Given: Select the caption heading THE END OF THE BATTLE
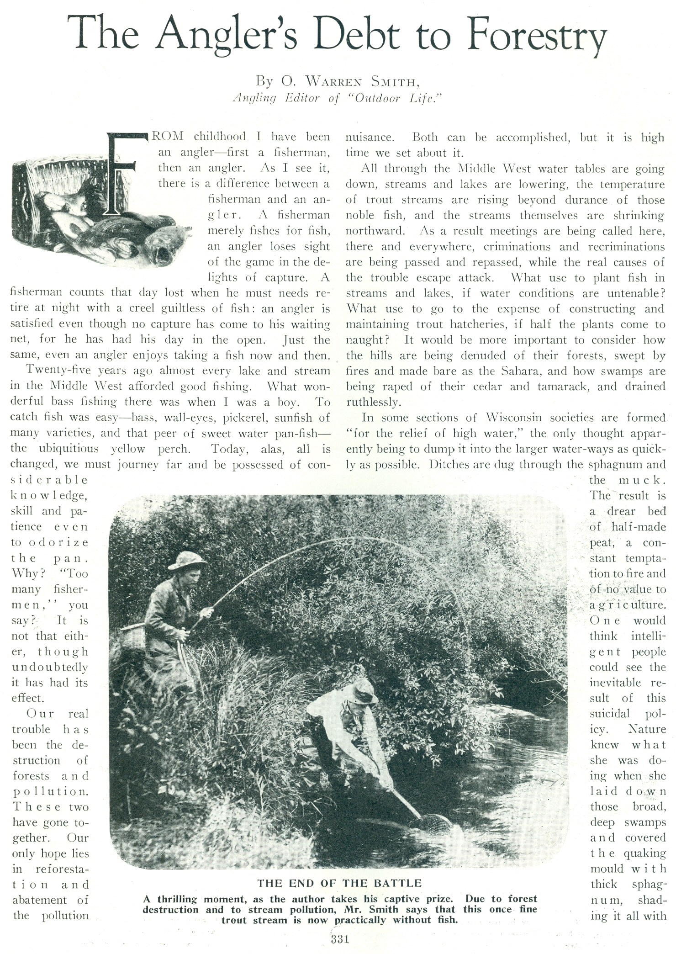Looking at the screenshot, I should pos(339,882).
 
